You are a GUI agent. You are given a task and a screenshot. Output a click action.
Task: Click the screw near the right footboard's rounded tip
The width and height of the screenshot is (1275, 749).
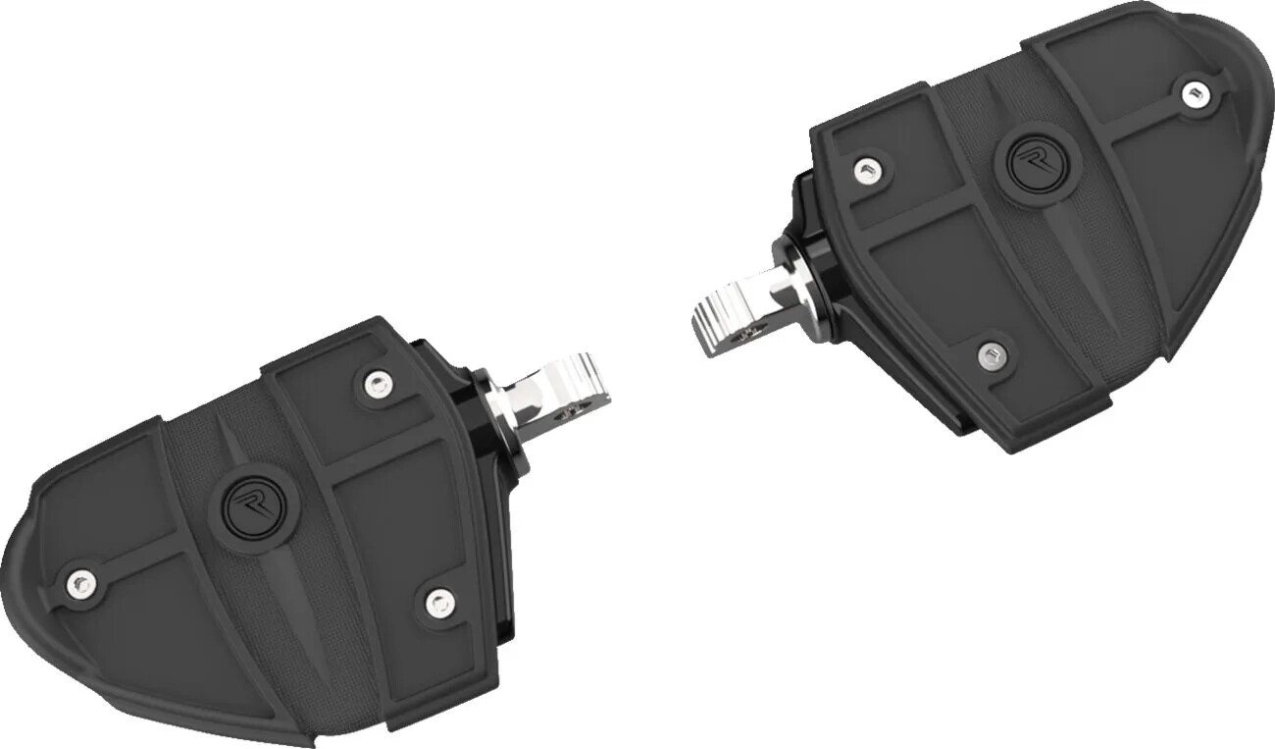(x=1192, y=94)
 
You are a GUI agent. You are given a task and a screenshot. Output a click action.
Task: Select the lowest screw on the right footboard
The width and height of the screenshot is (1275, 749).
(x=993, y=352)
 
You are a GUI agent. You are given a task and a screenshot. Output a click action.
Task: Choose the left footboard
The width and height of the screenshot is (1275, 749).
(x=275, y=530)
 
